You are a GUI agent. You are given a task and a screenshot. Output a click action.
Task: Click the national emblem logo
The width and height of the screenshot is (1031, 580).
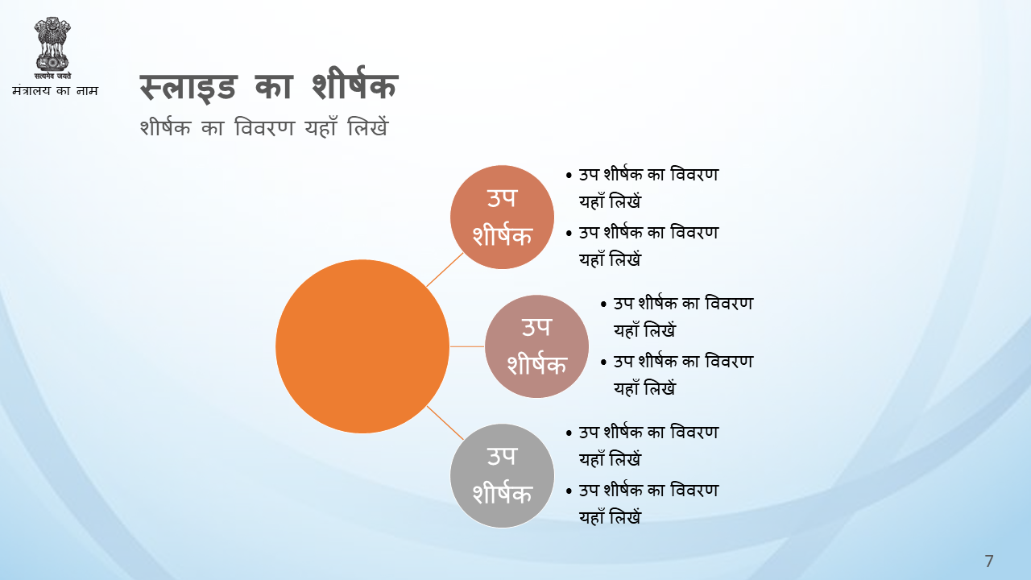click(52, 48)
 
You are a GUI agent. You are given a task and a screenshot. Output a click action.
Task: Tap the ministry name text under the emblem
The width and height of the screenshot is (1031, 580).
click(56, 91)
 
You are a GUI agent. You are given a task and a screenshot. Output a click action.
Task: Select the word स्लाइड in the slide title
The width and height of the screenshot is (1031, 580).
click(188, 87)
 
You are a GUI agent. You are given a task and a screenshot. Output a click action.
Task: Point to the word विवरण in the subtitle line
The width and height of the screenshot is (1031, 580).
click(264, 127)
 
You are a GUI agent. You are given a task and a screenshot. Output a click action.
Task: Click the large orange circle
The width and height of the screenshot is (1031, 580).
click(362, 346)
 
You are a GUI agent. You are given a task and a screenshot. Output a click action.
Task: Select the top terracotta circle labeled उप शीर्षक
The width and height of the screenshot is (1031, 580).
click(502, 217)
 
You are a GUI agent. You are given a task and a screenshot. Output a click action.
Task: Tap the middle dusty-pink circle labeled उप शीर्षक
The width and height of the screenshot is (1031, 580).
click(536, 346)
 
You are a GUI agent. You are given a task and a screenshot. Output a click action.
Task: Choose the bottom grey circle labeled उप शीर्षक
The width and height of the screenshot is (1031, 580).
click(502, 475)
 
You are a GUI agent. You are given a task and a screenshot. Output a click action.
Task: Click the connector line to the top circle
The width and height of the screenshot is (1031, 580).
click(445, 270)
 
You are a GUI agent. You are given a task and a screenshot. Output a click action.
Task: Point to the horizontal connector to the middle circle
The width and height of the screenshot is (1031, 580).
click(467, 346)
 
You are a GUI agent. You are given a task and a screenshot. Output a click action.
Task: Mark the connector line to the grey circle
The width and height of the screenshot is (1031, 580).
click(445, 423)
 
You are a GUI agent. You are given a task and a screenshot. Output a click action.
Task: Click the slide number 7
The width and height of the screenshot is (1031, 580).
click(989, 561)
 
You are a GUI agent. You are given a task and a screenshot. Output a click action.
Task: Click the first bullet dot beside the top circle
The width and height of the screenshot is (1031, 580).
click(569, 176)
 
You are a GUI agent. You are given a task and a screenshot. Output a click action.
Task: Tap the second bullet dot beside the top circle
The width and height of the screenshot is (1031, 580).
click(569, 234)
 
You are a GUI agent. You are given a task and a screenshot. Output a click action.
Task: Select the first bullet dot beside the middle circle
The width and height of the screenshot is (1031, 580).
click(603, 304)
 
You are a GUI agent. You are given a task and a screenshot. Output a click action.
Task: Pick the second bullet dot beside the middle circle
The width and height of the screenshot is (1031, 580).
click(603, 362)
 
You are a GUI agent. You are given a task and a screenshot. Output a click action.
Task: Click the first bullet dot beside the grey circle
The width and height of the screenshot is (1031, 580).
click(569, 433)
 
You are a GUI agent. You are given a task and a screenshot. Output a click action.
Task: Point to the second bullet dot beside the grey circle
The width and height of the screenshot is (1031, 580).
click(569, 491)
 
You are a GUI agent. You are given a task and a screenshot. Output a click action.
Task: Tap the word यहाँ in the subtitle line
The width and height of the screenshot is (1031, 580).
click(321, 126)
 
